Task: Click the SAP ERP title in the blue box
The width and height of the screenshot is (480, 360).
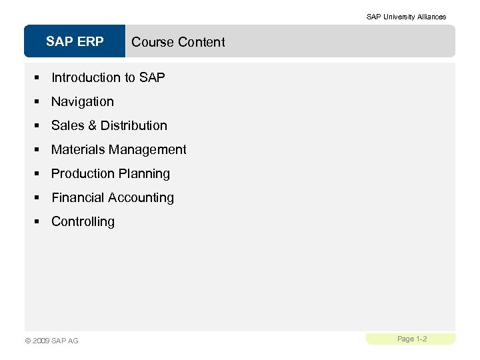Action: (75, 42)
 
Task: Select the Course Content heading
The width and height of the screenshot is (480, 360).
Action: (178, 42)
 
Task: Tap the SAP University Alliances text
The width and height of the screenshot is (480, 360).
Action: (406, 17)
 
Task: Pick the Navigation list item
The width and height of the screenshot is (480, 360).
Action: (83, 101)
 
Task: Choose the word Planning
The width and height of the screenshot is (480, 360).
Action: (145, 173)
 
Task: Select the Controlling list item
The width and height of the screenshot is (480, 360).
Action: (83, 221)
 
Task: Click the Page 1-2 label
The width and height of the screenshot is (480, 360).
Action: (412, 339)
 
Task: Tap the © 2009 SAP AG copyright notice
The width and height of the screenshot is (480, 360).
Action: (51, 341)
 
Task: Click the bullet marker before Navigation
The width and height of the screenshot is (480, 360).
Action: (39, 102)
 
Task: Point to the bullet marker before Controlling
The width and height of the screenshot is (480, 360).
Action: (39, 222)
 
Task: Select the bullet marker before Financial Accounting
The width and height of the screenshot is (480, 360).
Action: (39, 198)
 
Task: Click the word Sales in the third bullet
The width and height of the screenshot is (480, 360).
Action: (66, 125)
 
